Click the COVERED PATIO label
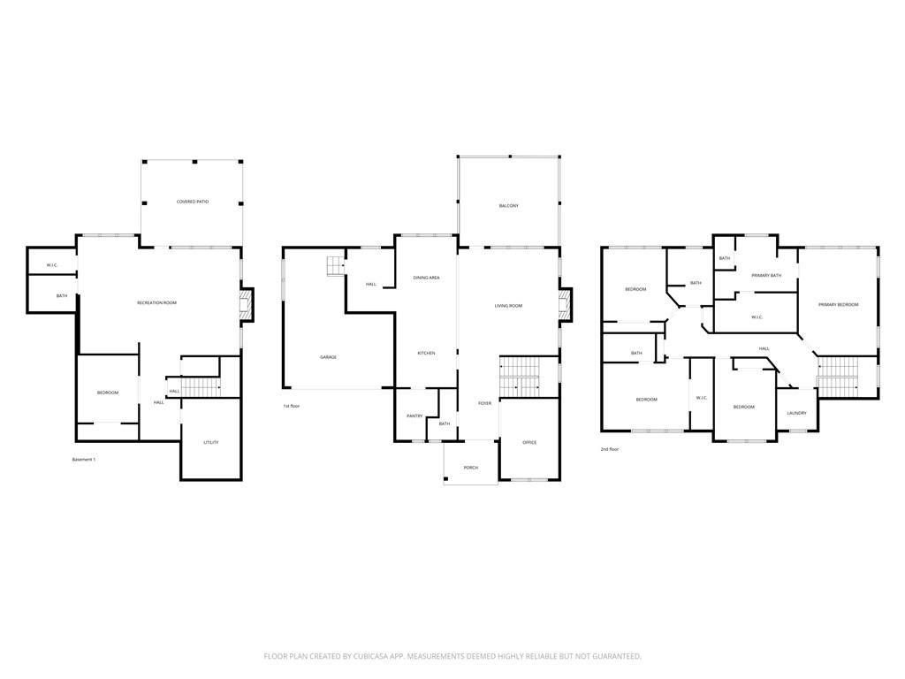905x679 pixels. coord(192,202)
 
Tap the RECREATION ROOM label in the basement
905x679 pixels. coord(156,303)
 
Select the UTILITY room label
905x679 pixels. coord(210,442)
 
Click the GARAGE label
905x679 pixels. coord(328,357)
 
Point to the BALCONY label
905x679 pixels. coord(508,206)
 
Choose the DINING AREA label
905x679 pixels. coord(426,278)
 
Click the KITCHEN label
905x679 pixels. coord(426,354)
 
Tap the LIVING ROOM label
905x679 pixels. coord(508,306)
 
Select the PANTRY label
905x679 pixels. coord(414,416)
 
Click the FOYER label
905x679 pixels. coord(484,403)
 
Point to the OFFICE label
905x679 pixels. coord(529,442)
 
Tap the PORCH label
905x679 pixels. coord(470,468)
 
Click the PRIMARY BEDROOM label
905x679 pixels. coord(838,305)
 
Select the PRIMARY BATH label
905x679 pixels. coord(766,276)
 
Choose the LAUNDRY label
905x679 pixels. coord(796,413)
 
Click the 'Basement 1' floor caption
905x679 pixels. coord(83,460)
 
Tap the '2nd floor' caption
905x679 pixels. coord(609,449)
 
